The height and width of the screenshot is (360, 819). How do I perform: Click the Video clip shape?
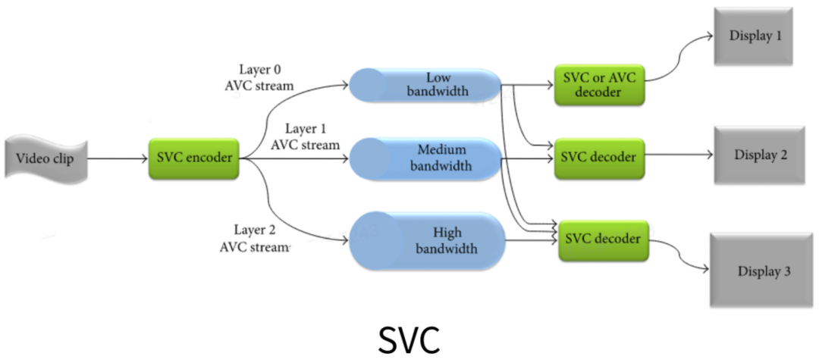[47, 159]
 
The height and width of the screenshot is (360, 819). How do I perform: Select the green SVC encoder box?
[194, 158]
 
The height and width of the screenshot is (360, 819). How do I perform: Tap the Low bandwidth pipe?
[425, 86]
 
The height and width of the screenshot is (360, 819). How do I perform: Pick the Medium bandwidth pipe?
[425, 158]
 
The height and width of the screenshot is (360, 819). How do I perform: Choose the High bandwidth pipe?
[427, 239]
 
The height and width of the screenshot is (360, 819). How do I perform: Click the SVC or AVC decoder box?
[599, 85]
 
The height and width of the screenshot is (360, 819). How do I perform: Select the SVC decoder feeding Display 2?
[599, 158]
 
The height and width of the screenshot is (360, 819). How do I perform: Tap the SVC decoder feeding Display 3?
[604, 239]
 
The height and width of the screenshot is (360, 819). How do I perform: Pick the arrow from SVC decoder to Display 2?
[678, 155]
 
